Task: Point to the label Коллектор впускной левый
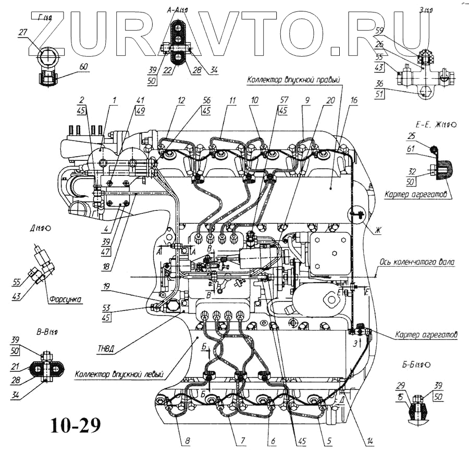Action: coord(119,373)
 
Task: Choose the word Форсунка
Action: coord(64,299)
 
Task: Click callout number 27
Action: coord(22,32)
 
